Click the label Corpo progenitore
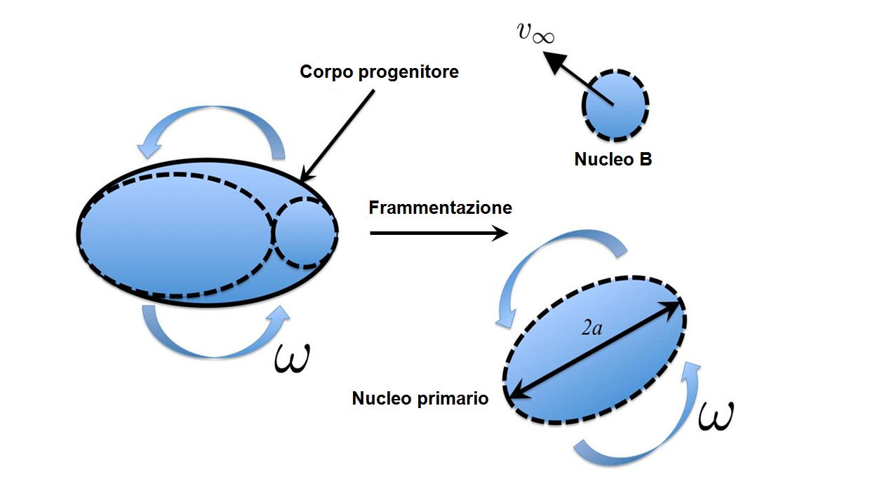pyautogui.click(x=379, y=72)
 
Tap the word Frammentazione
pyautogui.click(x=440, y=208)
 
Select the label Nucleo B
pyautogui.click(x=613, y=159)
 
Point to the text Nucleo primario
pyautogui.click(x=420, y=399)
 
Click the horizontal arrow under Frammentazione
pyautogui.click(x=438, y=233)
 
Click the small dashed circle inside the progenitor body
pyautogui.click(x=304, y=233)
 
